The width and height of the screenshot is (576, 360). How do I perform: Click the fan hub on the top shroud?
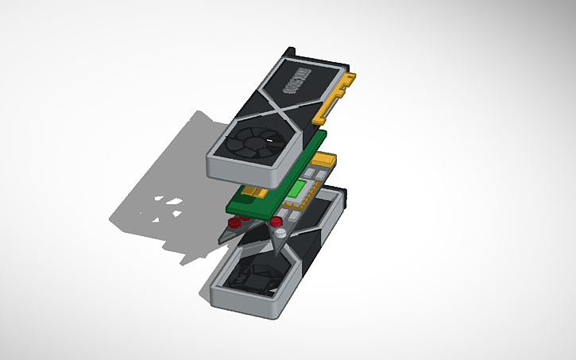pyautogui.click(x=252, y=144)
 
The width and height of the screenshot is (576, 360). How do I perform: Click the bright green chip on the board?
pyautogui.click(x=299, y=190)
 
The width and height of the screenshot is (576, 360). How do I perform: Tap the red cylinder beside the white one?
pyautogui.click(x=273, y=221)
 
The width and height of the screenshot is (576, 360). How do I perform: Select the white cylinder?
pyautogui.click(x=281, y=234)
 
